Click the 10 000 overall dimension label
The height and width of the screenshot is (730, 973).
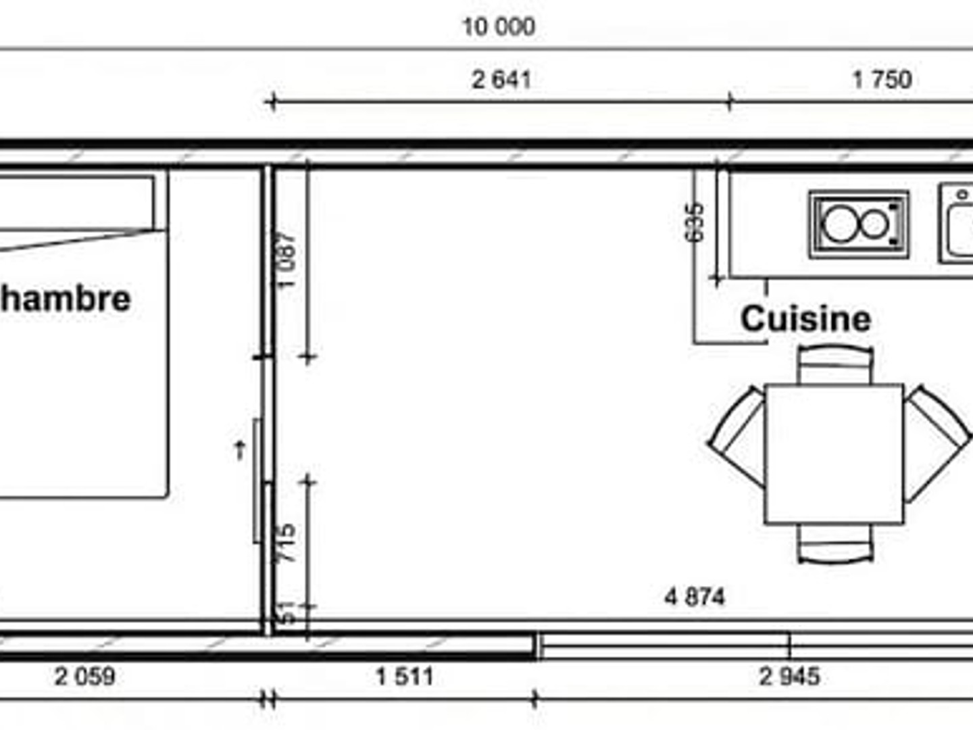(499, 27)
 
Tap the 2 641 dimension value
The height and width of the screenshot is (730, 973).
(501, 80)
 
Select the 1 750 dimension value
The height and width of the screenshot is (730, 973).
(882, 80)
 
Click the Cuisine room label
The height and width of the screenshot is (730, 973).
(805, 319)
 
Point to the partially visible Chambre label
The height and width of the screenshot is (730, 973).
(65, 299)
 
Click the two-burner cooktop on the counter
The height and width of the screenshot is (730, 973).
(858, 224)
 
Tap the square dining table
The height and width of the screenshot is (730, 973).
(834, 454)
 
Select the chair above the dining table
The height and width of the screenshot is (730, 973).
(835, 364)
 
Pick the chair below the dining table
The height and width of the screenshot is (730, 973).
(835, 544)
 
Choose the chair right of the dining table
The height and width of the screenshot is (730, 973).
(936, 439)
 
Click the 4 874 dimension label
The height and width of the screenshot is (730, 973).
(695, 597)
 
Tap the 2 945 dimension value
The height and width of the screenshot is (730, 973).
(789, 676)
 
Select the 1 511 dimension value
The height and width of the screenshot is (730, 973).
(404, 676)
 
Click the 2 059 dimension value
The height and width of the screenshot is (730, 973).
(85, 676)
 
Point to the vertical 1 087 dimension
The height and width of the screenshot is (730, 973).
(286, 260)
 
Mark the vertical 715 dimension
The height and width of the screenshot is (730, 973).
(286, 543)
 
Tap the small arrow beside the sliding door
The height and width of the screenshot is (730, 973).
(239, 449)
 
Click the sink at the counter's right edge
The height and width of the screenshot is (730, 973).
(958, 224)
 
